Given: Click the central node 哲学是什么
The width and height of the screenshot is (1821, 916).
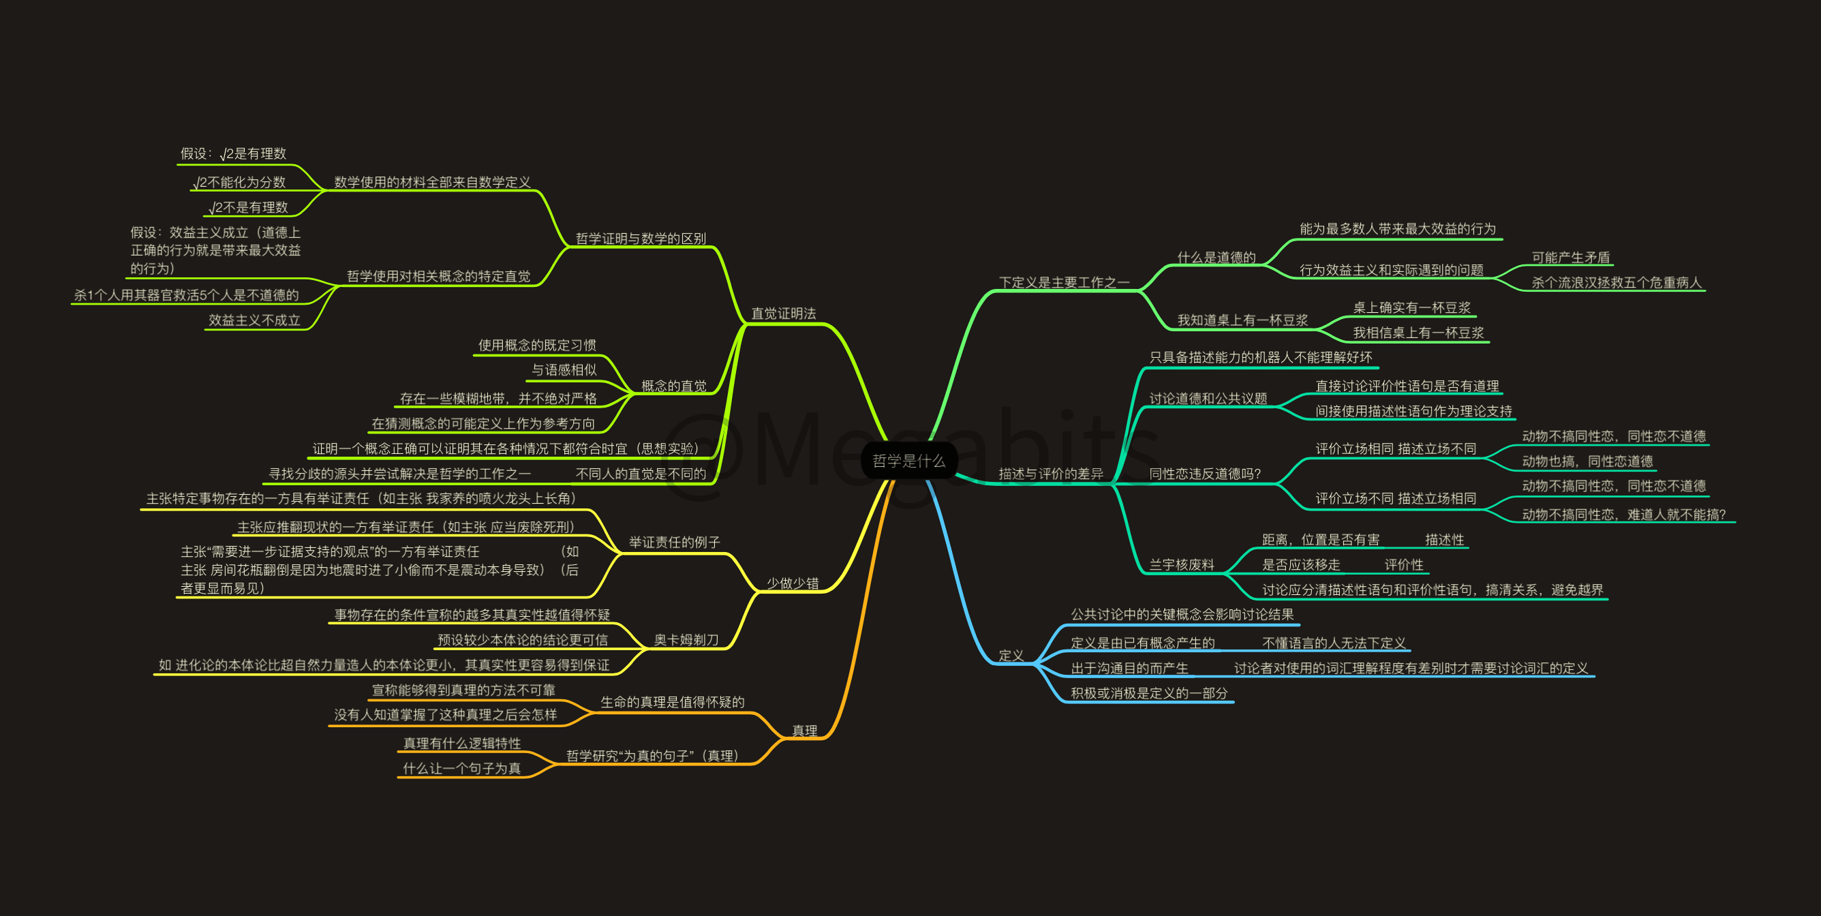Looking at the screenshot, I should coord(908,461).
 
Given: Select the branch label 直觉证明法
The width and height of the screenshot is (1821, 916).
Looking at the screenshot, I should coord(783,313).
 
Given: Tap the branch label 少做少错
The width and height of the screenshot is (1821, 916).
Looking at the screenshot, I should coord(793,583).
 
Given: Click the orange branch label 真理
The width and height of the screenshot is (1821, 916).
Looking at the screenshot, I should coord(804,730).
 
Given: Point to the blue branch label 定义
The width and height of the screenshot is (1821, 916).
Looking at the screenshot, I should coord(1011,655).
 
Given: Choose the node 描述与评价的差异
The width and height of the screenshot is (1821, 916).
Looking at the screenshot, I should coord(1050,474).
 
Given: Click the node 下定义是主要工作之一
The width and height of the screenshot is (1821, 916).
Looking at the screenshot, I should coord(1064,282).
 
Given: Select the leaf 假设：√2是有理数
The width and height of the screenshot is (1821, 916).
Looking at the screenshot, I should coord(233,153).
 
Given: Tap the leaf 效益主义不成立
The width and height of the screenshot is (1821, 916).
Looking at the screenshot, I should coord(254,320).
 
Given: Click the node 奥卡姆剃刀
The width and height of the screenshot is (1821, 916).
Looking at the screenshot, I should coord(686,640).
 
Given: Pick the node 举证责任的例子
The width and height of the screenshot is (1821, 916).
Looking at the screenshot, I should coord(675,542).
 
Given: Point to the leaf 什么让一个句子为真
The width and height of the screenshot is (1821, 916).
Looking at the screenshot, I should coord(461,768).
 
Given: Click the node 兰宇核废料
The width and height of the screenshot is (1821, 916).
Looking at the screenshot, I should coord(1181,565).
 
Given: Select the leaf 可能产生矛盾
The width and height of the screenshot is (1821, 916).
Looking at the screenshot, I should coord(1570,257).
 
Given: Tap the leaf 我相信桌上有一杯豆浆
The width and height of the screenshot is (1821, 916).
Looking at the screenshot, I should coord(1418,332).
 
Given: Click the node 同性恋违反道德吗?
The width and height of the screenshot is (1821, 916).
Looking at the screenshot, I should coord(1205,474).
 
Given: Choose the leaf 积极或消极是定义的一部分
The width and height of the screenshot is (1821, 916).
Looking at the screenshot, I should coord(1149,693).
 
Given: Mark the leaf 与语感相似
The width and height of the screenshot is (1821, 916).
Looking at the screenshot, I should coord(564,369).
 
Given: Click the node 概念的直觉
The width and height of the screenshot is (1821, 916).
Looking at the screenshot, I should coord(674,385).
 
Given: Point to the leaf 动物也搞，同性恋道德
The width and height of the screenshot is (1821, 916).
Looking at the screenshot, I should coord(1587,461).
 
